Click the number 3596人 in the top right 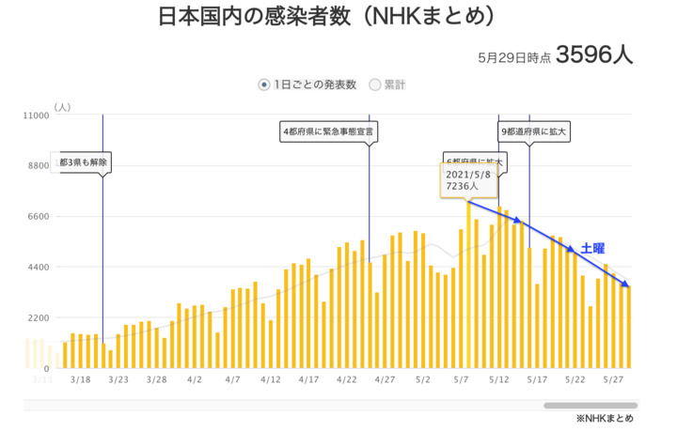click(594, 55)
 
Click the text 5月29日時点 click(513, 57)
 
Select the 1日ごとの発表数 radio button click(264, 85)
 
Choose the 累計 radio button click(375, 85)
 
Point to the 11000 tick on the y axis click(35, 115)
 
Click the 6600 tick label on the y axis click(38, 217)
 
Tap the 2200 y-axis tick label click(38, 318)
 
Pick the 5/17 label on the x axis click(537, 380)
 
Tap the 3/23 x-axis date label click(118, 380)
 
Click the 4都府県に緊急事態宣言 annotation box click(328, 131)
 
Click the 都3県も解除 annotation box click(84, 162)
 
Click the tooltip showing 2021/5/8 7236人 click(467, 180)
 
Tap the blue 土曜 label click(591, 248)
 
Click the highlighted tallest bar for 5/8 click(468, 282)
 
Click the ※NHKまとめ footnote click(605, 419)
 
